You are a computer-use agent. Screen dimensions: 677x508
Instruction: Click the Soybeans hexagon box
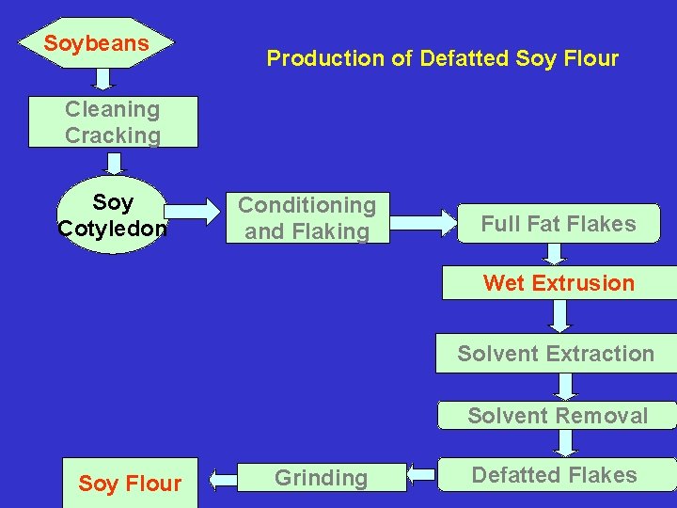tap(97, 43)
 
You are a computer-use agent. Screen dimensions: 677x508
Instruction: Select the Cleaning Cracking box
tap(113, 122)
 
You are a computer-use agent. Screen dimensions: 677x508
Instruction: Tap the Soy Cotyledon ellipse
tap(113, 215)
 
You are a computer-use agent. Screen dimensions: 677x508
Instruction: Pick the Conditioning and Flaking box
tap(307, 218)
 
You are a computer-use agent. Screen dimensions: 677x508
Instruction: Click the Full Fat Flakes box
tap(559, 224)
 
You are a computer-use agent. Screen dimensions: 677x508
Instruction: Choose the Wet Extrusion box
tap(559, 283)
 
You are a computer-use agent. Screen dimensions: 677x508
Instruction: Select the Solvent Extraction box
tap(556, 354)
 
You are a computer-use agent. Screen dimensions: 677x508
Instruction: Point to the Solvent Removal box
tap(558, 416)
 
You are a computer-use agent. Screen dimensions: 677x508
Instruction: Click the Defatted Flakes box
tap(555, 475)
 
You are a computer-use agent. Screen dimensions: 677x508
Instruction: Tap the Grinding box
tap(321, 478)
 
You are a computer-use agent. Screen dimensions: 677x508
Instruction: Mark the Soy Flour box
tap(130, 484)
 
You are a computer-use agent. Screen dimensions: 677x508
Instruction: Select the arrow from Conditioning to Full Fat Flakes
tap(422, 222)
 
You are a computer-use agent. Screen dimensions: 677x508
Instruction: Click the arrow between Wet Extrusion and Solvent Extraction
tap(559, 317)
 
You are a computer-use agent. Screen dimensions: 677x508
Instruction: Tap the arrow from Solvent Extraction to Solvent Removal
tap(563, 386)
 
